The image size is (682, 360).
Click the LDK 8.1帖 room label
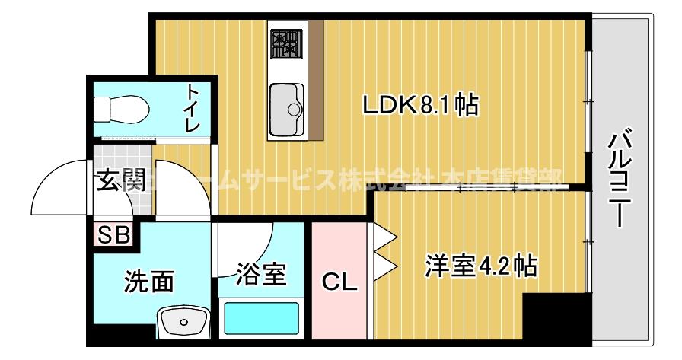pyautogui.click(x=419, y=105)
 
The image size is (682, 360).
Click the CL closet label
pyautogui.click(x=339, y=282)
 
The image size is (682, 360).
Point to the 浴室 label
pyautogui.click(x=261, y=273)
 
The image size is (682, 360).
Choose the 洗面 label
pyautogui.click(x=148, y=282)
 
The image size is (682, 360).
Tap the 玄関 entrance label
pyautogui.click(x=120, y=181)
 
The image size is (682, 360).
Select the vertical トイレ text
pyautogui.click(x=194, y=108)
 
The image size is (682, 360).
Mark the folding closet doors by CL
pyautogui.click(x=384, y=251)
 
